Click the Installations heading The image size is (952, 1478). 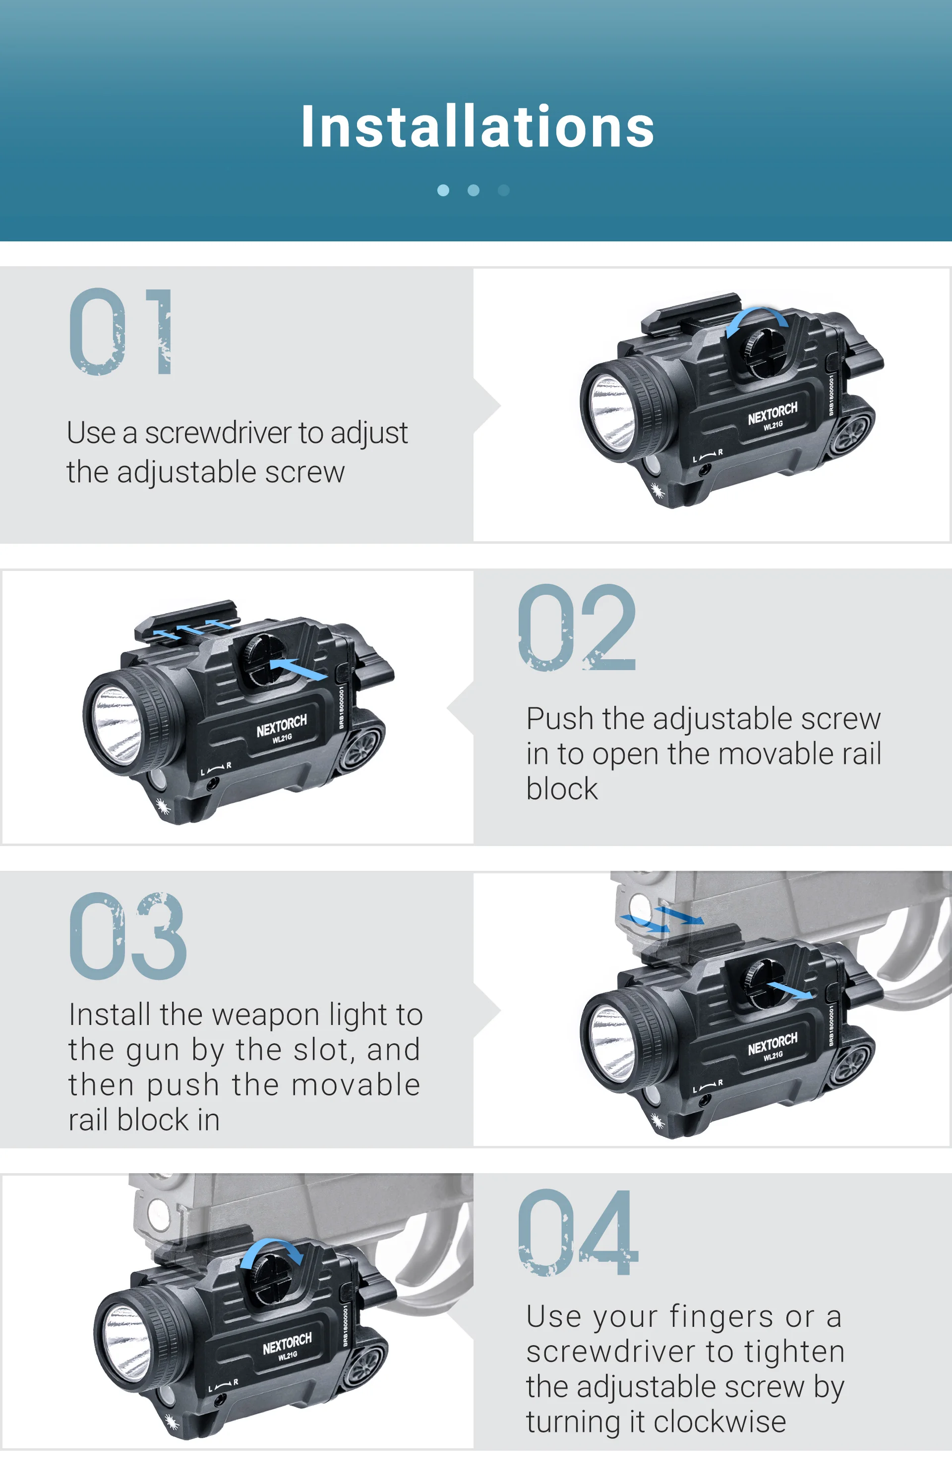pyautogui.click(x=476, y=127)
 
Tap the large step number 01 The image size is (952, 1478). pyautogui.click(x=120, y=331)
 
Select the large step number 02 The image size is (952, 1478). pyautogui.click(x=577, y=628)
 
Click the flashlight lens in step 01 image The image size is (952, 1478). pyautogui.click(x=612, y=412)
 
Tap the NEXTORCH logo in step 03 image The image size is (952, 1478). pyautogui.click(x=772, y=1044)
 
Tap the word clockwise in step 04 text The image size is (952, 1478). pyautogui.click(x=719, y=1422)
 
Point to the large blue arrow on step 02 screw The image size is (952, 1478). pyautogui.click(x=298, y=669)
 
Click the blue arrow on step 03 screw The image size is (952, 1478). pyautogui.click(x=790, y=989)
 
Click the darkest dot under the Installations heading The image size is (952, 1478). pyautogui.click(x=504, y=190)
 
